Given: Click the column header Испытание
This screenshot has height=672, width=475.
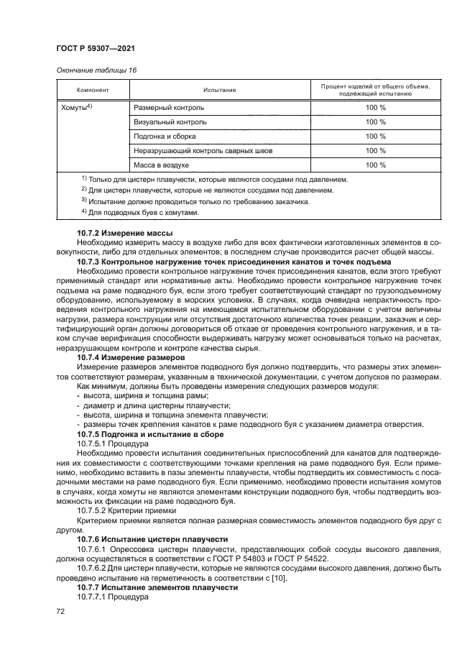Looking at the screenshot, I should (x=219, y=90).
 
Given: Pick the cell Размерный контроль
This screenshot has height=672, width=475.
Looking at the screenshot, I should (x=169, y=107).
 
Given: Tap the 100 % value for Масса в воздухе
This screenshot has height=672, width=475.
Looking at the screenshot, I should (x=375, y=165).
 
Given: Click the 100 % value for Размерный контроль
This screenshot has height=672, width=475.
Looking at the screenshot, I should (x=375, y=107).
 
